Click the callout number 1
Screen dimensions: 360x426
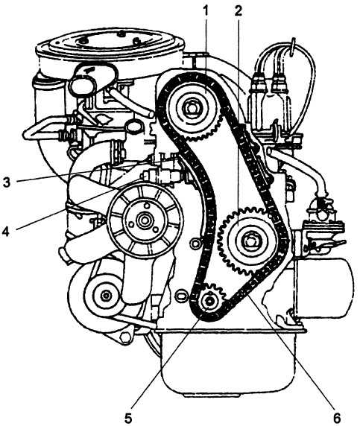206,10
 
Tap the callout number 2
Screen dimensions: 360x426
239,10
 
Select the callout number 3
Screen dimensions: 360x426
7,182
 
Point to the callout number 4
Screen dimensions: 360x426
6,232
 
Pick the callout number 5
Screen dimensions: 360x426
128,417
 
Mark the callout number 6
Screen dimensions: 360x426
337,418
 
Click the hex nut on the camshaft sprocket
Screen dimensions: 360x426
192,109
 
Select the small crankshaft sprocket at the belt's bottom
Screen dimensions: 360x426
210,300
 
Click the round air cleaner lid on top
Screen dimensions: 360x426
110,43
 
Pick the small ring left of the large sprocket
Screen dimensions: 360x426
195,243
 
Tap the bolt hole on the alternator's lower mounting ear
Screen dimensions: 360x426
125,337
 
